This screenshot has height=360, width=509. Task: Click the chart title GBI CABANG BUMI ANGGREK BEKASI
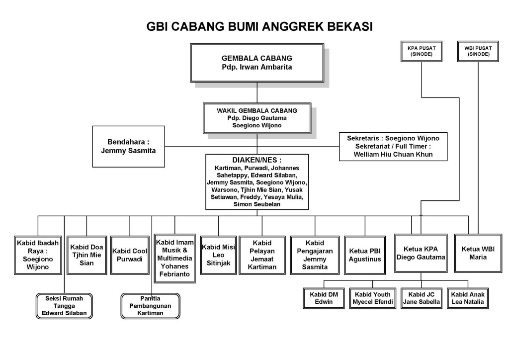click(259, 26)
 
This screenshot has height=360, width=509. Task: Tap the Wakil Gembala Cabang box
click(257, 118)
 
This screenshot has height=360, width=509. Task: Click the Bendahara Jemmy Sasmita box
click(128, 146)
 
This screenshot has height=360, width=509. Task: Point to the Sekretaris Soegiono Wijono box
click(393, 146)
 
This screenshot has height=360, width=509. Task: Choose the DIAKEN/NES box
click(257, 181)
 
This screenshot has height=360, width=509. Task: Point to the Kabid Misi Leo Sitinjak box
click(218, 255)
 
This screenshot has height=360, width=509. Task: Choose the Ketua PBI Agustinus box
click(365, 255)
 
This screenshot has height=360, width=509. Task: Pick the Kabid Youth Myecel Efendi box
click(372, 298)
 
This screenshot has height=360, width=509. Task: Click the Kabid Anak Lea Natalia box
click(467, 298)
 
